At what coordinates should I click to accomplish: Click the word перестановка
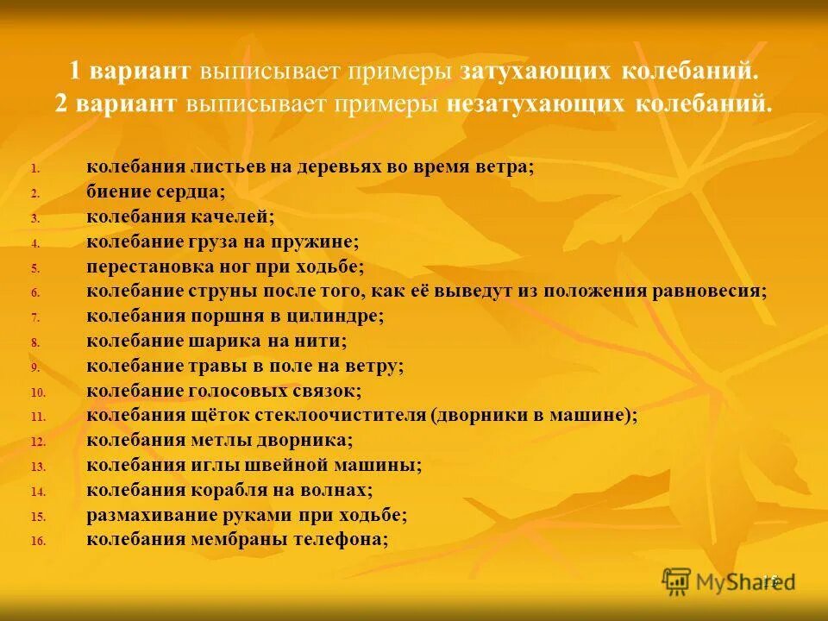[x=146, y=267]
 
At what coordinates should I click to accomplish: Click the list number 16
[x=37, y=542]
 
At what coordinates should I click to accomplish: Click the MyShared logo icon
[x=677, y=581]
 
